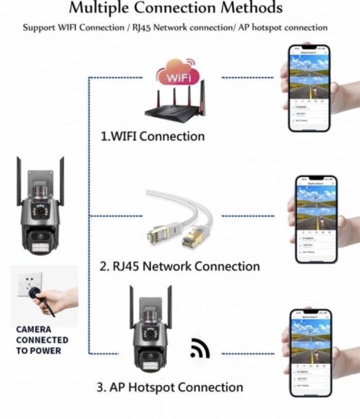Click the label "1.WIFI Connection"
tap(152, 136)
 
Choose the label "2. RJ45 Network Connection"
tap(179, 266)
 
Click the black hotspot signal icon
tap(199, 350)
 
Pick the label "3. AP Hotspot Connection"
tap(170, 387)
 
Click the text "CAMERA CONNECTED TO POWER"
tap(42, 339)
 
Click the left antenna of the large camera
tap(20, 177)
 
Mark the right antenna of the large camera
tap(62, 177)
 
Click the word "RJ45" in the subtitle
tap(152, 28)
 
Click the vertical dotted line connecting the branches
tap(89, 215)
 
